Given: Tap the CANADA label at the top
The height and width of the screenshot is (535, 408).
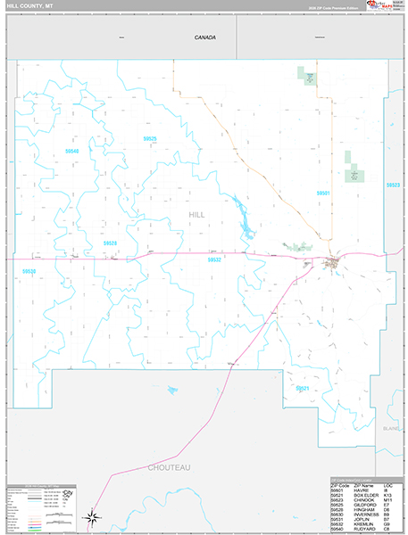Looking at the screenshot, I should click(x=206, y=37).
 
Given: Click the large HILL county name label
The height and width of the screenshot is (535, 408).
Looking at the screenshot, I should click(x=196, y=215).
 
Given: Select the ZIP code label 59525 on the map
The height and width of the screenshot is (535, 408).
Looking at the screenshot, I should click(x=150, y=139).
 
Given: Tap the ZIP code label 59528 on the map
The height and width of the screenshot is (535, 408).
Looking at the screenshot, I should click(x=110, y=243).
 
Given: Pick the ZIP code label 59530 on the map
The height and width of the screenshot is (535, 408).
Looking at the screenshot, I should click(x=29, y=271).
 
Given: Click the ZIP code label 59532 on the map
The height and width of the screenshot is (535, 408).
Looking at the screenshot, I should click(x=214, y=259).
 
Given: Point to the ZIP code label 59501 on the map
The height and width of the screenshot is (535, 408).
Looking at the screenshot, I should click(x=322, y=193).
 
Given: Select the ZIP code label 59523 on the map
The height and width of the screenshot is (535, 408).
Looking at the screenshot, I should click(x=393, y=185).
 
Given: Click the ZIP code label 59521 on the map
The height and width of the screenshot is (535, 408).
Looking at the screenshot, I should click(x=303, y=388).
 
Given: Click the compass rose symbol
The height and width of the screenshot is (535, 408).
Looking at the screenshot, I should click(x=92, y=515).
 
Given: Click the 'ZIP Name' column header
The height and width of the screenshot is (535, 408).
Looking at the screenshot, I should click(x=357, y=484).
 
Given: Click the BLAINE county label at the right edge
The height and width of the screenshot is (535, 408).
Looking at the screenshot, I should click(x=392, y=429).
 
